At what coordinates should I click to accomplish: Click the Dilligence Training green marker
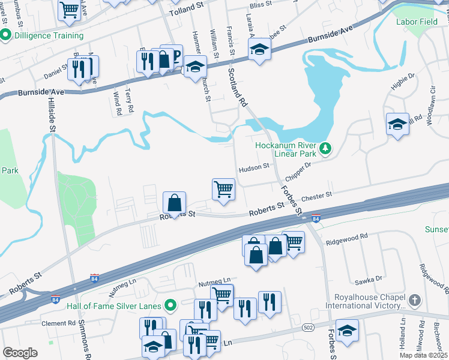[x=6, y=35]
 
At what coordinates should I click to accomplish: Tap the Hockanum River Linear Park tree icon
[x=325, y=148]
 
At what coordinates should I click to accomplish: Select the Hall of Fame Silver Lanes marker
[x=170, y=306]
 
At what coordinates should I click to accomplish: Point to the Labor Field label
[x=416, y=22]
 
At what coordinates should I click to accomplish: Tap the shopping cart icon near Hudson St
[x=223, y=189]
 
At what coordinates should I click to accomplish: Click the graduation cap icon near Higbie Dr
[x=397, y=124]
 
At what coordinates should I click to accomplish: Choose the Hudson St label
[x=253, y=168]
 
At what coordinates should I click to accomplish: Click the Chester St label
[x=316, y=196]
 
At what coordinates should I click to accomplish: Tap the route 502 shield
[x=307, y=327]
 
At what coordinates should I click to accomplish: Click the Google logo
[x=20, y=353]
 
